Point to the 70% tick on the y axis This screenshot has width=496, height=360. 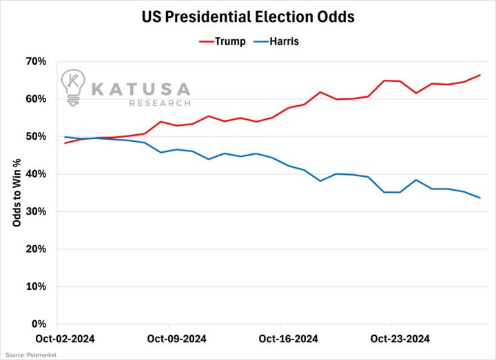pos(35,61)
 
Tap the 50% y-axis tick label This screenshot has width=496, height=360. pos(35,136)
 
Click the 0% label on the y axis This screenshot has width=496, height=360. pos(38,324)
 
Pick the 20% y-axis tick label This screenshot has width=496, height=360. pos(35,248)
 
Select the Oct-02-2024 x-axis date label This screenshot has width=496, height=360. pos(65,339)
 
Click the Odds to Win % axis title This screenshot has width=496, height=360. pos(17,193)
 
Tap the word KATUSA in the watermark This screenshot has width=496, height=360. pos(141,89)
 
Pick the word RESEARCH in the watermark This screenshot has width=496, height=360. pos(159,103)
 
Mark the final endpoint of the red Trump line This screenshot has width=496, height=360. pos(480,75)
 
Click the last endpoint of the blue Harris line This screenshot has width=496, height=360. pos(480,198)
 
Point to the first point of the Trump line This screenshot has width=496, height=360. pos(65,143)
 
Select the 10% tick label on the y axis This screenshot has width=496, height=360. pos(35,286)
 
